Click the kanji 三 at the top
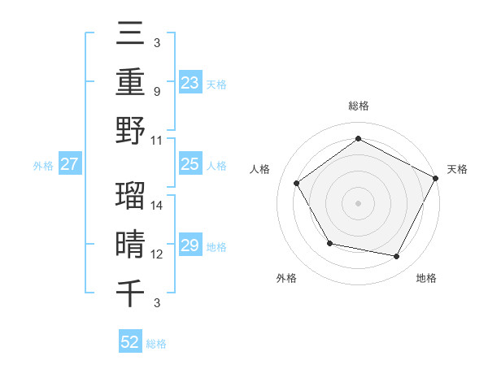(x=130, y=34)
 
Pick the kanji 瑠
(x=130, y=196)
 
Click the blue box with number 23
(x=190, y=82)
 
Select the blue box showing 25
(x=190, y=164)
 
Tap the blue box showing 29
(x=190, y=245)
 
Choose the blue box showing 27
(x=70, y=164)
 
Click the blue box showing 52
(x=130, y=342)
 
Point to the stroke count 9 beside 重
(x=156, y=91)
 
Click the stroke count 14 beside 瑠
(x=158, y=206)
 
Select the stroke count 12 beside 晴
(x=158, y=254)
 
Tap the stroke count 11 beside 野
(x=158, y=139)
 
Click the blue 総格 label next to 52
(x=156, y=344)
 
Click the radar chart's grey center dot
(x=358, y=202)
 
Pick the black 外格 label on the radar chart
(x=286, y=278)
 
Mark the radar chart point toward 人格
(x=296, y=183)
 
